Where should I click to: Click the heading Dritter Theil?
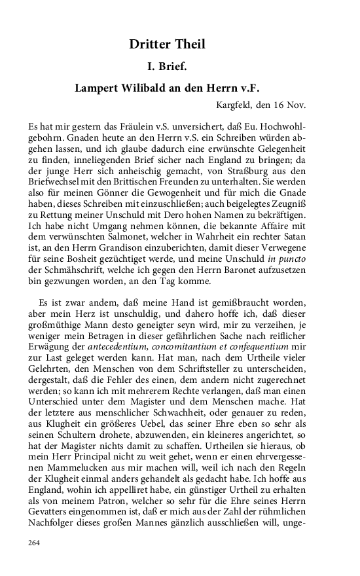(167, 45)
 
